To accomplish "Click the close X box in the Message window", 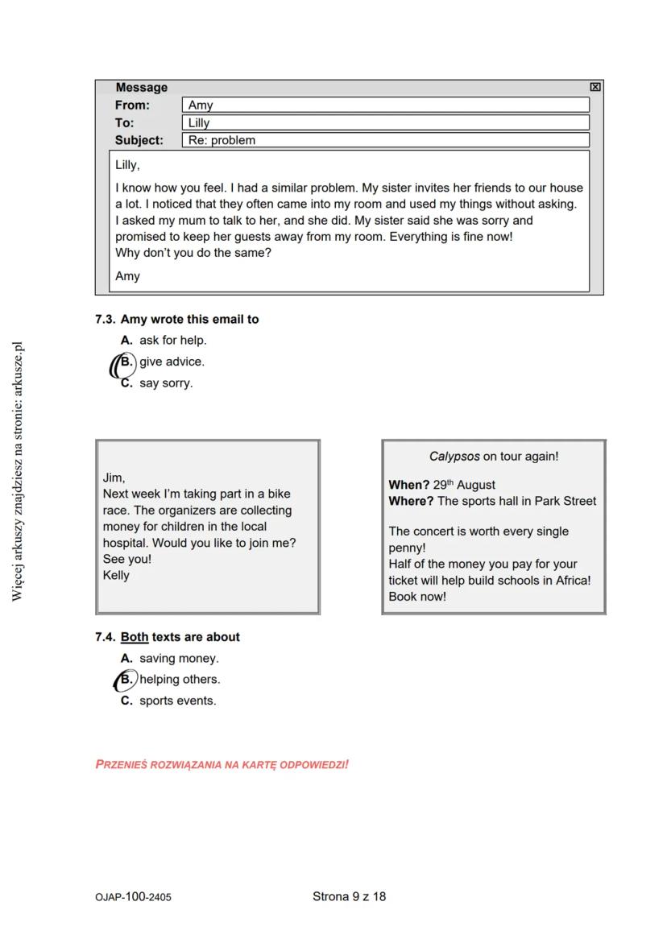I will [x=594, y=87].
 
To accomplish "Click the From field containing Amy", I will [x=386, y=105].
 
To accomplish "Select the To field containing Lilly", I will [x=386, y=122].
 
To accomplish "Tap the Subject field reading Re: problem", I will [x=386, y=140].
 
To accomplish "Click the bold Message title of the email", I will [x=142, y=87].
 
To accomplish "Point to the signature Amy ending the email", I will [x=127, y=276].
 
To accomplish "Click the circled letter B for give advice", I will [x=126, y=362].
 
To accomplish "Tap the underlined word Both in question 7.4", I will [x=135, y=637].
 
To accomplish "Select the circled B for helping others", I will [x=126, y=680].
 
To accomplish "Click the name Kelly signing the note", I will [x=116, y=576].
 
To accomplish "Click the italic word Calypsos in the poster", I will [x=454, y=457].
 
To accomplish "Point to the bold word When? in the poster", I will [x=409, y=485].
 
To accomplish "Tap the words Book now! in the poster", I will [x=417, y=597].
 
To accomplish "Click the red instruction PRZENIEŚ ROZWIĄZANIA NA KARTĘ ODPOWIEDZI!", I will [x=222, y=764].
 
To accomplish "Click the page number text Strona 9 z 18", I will [x=349, y=896].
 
